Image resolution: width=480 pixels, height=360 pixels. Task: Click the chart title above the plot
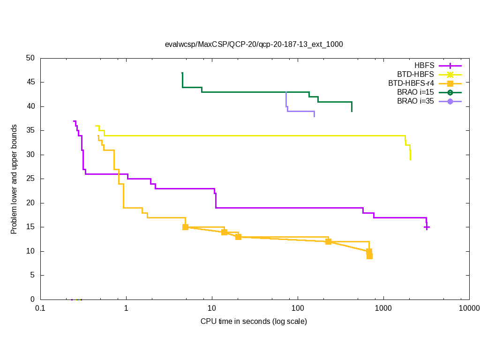[x=254, y=45]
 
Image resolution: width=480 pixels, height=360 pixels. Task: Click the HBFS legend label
[x=424, y=66]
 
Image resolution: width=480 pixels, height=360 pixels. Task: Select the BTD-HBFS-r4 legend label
[x=411, y=83]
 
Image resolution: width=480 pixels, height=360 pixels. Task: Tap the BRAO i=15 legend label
[x=416, y=92]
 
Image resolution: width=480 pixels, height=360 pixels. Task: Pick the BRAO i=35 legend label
[x=416, y=101]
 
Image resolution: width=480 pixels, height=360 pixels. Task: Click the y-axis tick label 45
[x=30, y=82]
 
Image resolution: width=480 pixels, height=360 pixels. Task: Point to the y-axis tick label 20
[x=30, y=203]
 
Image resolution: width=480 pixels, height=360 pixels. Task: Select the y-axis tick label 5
[x=32, y=276]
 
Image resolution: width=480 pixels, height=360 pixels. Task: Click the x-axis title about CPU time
[x=254, y=322]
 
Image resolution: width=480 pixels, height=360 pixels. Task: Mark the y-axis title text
[x=14, y=179]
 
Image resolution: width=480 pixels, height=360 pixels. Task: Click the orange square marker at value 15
[x=185, y=227]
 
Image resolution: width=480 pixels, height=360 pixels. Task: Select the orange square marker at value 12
[x=328, y=241]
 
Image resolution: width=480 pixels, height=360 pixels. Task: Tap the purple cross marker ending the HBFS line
[x=427, y=227]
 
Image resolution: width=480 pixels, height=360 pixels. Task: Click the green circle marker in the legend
[x=450, y=92]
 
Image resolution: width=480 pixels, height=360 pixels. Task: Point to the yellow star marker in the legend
[x=450, y=75]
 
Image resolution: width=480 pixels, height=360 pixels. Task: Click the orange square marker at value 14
[x=224, y=232]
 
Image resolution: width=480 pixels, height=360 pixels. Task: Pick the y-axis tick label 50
[x=30, y=59]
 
